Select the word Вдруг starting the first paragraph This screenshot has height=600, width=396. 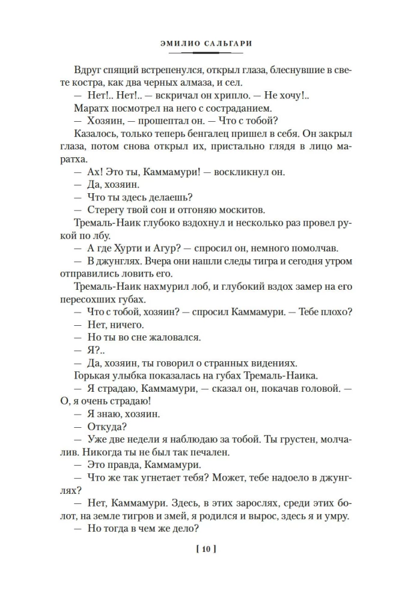(89, 70)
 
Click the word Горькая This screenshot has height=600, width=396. (94, 376)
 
